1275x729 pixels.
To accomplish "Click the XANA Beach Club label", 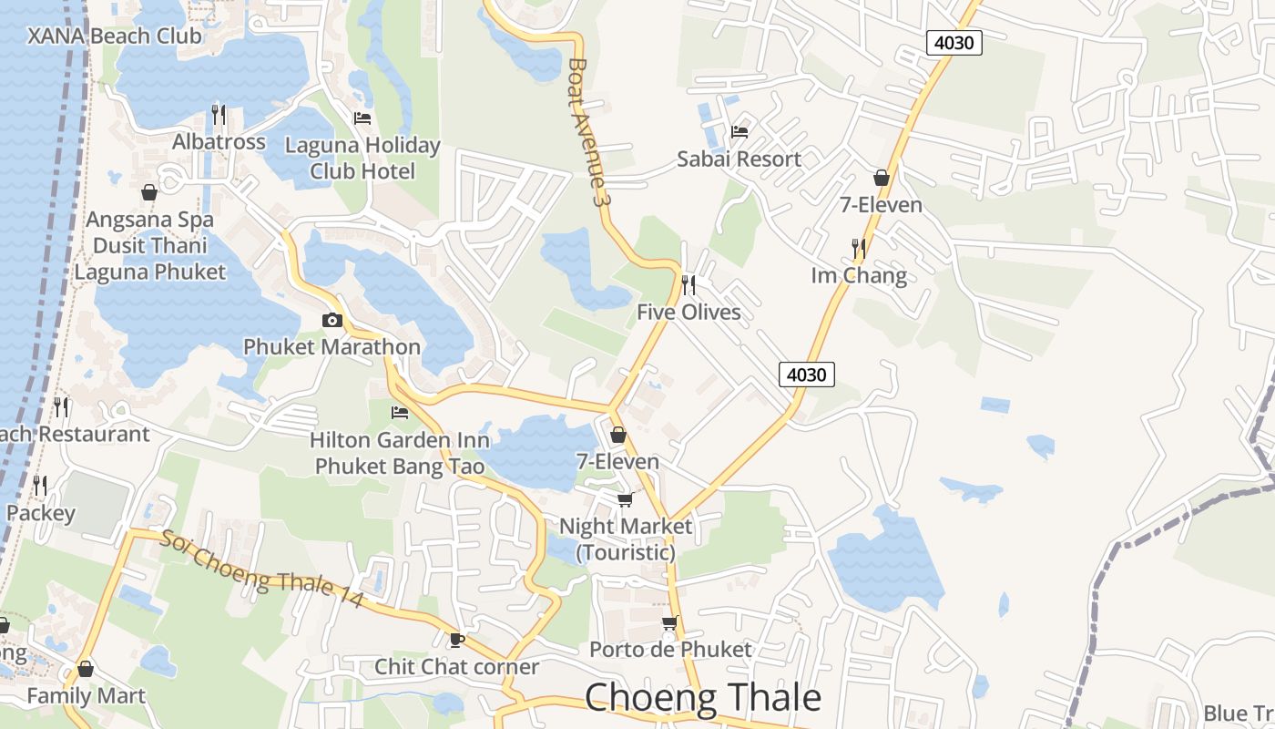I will click(114, 36).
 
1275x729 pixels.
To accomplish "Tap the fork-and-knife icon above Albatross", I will click(219, 115).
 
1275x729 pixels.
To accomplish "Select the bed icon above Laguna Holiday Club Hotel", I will click(362, 118).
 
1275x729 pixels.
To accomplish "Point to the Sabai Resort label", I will click(739, 159).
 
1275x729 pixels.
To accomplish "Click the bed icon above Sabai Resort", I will click(739, 132).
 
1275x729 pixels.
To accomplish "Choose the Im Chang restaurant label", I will click(859, 275).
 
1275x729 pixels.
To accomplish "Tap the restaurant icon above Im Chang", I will click(858, 248).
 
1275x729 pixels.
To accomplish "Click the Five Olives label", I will click(688, 313).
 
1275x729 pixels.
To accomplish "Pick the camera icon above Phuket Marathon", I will click(331, 320).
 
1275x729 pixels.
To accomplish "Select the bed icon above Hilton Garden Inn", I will click(399, 413).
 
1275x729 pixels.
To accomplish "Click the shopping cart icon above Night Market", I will click(625, 499).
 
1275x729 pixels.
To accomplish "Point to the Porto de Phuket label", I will click(670, 650).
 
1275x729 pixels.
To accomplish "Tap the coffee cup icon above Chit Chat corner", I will click(456, 640).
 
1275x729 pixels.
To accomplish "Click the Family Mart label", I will click(86, 696).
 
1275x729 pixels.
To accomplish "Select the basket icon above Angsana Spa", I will click(149, 192).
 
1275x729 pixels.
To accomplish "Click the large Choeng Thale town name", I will click(702, 698).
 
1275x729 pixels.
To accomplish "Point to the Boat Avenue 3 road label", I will click(586, 132).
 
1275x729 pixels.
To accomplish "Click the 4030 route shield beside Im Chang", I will click(807, 374).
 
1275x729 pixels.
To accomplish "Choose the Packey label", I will click(41, 513).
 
